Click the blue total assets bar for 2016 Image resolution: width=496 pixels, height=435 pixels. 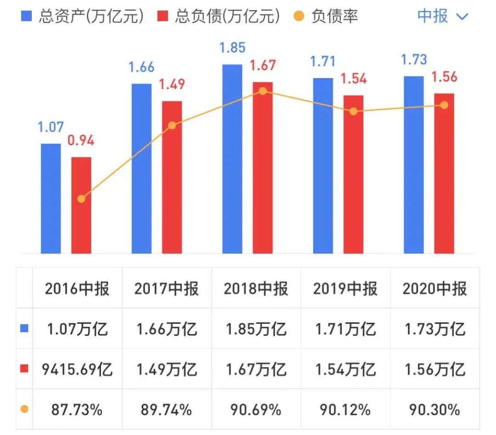(51, 198)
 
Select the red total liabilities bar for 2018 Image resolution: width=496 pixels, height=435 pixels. (262, 168)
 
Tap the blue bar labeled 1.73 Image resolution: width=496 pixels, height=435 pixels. (414, 164)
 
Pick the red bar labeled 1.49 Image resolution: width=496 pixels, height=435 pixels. (172, 177)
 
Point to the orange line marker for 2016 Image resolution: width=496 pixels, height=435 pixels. (81, 199)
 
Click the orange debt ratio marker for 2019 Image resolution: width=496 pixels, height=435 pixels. (353, 111)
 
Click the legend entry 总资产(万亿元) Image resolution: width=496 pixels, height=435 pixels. (83, 17)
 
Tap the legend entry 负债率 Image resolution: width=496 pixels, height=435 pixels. (326, 17)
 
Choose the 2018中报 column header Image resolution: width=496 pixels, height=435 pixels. (256, 288)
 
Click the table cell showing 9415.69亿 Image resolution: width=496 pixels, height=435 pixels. (77, 369)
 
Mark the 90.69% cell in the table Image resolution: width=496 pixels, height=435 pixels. (256, 409)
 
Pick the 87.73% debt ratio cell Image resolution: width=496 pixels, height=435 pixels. (77, 409)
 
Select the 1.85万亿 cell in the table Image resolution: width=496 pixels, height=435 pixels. (256, 329)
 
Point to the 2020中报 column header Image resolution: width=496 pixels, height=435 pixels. (434, 288)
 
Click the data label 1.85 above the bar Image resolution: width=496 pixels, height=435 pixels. (232, 48)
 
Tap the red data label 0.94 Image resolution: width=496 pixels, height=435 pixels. (81, 141)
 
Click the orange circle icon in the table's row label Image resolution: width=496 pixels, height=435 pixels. (24, 409)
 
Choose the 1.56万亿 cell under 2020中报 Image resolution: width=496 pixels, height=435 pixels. (434, 369)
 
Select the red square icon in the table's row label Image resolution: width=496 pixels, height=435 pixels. (24, 369)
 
